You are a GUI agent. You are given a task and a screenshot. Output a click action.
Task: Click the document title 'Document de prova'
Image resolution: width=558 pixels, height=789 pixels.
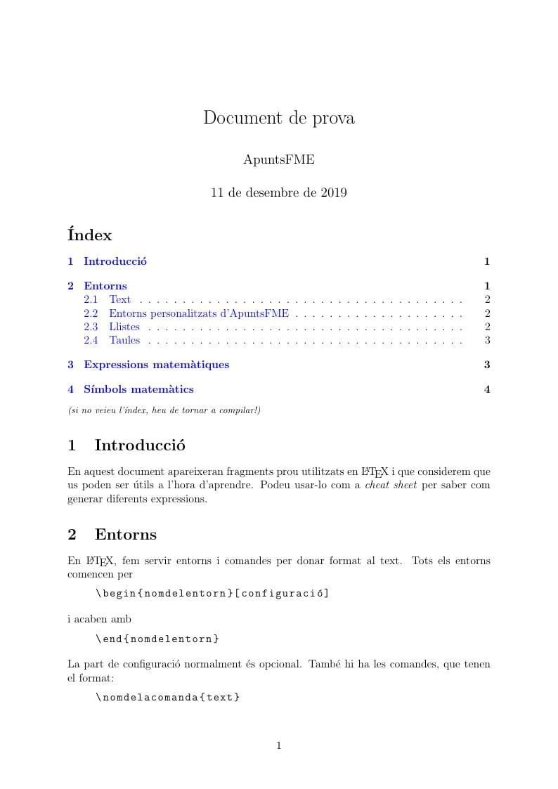click(x=279, y=118)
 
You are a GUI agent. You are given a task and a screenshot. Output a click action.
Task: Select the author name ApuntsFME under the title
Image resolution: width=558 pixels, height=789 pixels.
click(x=279, y=160)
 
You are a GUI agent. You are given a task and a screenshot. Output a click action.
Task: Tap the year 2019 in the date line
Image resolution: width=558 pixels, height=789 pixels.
click(x=332, y=193)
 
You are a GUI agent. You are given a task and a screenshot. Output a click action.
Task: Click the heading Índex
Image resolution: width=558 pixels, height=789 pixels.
click(x=90, y=235)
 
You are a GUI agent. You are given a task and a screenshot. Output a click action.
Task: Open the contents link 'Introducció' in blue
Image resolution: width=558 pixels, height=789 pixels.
click(x=115, y=261)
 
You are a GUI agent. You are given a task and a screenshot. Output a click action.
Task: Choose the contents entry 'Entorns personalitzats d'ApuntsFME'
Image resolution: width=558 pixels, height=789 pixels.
click(x=199, y=313)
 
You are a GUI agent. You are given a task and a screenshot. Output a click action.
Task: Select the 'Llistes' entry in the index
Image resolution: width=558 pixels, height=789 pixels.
click(x=124, y=327)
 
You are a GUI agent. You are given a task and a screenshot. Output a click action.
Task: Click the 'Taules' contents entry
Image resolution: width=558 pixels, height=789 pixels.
click(x=124, y=340)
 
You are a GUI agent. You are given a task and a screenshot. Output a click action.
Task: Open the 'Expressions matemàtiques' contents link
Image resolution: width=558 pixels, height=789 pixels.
click(x=156, y=365)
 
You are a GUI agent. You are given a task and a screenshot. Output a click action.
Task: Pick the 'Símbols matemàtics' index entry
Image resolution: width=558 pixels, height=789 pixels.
click(x=138, y=389)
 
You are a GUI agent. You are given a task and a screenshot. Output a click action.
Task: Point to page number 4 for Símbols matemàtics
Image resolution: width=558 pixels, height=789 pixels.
click(x=487, y=389)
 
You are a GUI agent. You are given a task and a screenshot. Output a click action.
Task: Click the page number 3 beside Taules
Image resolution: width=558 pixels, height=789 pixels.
click(x=487, y=340)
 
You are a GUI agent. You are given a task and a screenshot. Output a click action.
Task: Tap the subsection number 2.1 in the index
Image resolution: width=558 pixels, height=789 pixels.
click(x=91, y=299)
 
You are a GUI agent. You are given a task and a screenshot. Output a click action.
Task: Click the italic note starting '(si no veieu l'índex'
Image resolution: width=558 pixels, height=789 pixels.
click(x=164, y=410)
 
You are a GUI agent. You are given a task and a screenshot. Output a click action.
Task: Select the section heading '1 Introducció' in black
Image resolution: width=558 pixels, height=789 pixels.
click(x=126, y=445)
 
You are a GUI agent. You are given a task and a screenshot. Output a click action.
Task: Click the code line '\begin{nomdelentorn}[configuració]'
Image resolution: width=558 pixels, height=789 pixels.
click(x=212, y=593)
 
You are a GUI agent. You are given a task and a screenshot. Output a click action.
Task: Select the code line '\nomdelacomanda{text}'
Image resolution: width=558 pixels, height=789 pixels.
click(x=168, y=697)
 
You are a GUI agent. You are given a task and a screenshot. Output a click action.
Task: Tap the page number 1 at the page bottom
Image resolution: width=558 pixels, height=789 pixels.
click(x=279, y=746)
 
